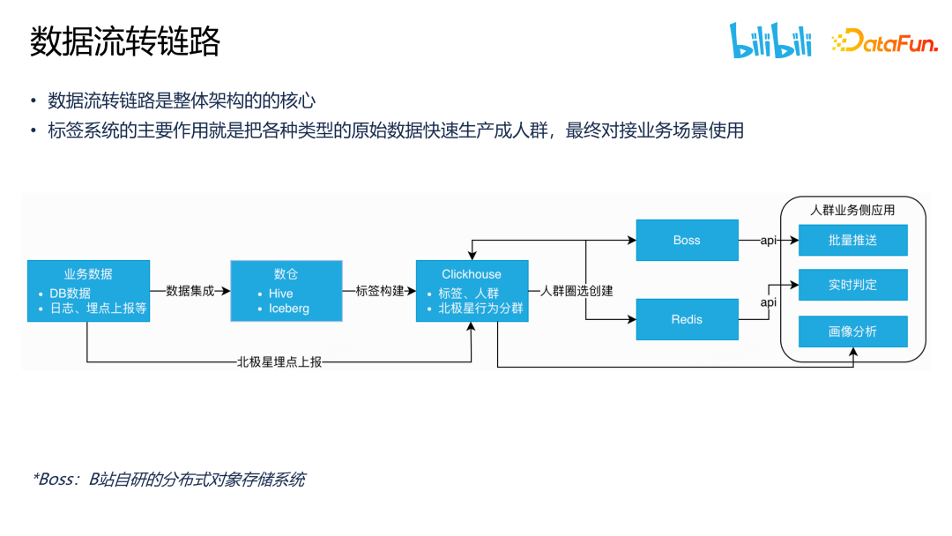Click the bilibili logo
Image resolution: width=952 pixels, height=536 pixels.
(x=770, y=41)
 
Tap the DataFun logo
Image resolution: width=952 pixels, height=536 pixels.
(x=884, y=41)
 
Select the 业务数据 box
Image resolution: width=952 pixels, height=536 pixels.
(x=88, y=290)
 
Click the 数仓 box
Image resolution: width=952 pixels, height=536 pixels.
(x=286, y=290)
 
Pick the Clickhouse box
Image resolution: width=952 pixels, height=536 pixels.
(x=472, y=290)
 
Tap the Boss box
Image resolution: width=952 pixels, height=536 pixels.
(x=687, y=240)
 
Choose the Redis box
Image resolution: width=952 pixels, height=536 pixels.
(x=687, y=319)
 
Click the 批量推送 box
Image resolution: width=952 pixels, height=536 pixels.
(x=852, y=240)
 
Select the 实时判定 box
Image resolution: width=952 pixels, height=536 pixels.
(x=852, y=285)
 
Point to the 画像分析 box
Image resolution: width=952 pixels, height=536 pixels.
(x=852, y=331)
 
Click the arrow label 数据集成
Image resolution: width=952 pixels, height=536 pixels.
(x=190, y=290)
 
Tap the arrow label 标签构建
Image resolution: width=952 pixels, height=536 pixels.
(x=379, y=290)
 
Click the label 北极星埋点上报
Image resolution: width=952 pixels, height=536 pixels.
(x=279, y=361)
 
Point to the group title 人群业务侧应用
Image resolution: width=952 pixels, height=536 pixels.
(x=852, y=211)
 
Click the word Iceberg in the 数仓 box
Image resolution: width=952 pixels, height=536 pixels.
(x=289, y=309)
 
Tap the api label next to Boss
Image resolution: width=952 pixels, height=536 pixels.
(x=769, y=240)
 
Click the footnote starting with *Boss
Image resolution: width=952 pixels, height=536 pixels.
(x=168, y=480)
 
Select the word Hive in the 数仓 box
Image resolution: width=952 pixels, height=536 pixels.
(x=280, y=293)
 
